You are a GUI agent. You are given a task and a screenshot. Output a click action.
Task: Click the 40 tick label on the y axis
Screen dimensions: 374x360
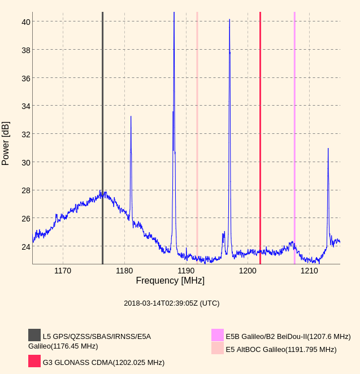[x=26, y=22]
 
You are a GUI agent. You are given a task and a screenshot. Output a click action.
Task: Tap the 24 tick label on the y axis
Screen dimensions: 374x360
[x=26, y=247]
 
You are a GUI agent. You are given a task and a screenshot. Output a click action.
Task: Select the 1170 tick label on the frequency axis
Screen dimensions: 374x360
[x=63, y=271]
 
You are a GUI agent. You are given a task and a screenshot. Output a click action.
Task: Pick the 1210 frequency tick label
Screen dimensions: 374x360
[x=309, y=271]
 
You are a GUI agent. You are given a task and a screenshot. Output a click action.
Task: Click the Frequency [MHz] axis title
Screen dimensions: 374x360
[x=170, y=281]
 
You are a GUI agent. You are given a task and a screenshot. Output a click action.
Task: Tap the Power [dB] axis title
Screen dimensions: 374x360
[x=6, y=143]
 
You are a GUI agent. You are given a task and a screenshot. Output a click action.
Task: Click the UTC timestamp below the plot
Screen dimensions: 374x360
[x=171, y=303]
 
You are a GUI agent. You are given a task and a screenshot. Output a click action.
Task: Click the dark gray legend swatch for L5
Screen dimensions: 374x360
[x=34, y=335]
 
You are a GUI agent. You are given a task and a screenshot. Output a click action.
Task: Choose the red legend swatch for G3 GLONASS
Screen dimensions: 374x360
[x=34, y=361]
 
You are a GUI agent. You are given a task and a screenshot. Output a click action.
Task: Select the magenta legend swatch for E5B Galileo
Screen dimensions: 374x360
[x=218, y=335]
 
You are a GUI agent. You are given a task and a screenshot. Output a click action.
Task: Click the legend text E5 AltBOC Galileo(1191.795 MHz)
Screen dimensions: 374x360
[x=281, y=350]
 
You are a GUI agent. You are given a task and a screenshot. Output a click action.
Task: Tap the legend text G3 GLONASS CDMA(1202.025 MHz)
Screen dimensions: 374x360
[x=103, y=363]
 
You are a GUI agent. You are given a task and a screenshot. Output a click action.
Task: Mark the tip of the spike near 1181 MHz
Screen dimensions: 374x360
[x=131, y=117]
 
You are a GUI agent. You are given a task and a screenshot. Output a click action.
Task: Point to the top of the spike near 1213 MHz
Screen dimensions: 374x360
[x=328, y=149]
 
